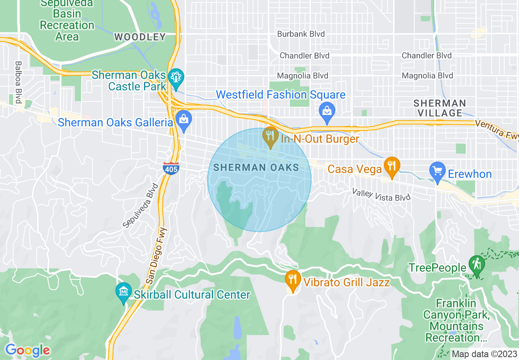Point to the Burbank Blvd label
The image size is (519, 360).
click(x=301, y=34)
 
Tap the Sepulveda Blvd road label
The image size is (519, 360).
click(x=140, y=206)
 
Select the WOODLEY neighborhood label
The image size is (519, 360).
click(x=140, y=37)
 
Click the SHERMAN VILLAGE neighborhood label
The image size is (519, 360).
click(x=440, y=108)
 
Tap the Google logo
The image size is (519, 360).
click(x=27, y=350)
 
